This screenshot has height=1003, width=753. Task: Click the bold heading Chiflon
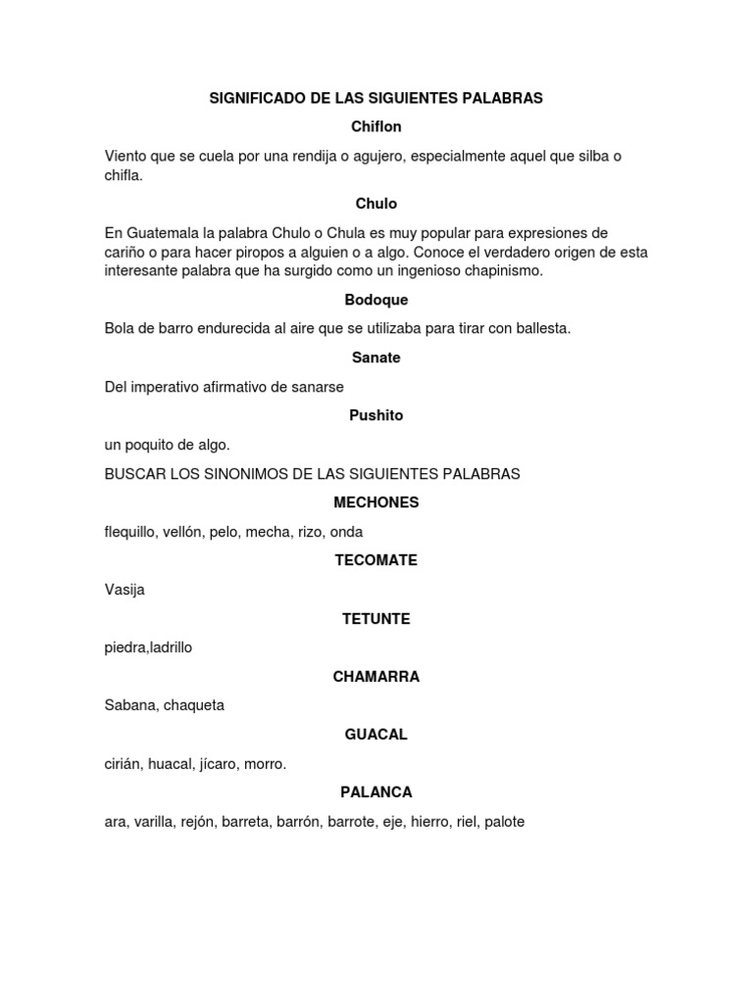coord(376,127)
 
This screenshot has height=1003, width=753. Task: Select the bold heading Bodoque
coord(376,300)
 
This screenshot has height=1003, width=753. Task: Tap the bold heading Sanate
coord(376,358)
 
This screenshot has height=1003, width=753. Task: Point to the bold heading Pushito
coord(376,415)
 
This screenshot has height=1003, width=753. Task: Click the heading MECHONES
coord(376,502)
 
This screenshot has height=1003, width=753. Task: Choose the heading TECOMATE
coord(376,560)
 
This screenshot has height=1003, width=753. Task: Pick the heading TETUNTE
coord(376,619)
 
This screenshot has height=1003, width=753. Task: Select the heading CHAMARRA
coord(376,677)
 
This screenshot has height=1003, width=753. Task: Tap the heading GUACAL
coord(376,735)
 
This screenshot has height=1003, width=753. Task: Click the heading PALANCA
coord(376,792)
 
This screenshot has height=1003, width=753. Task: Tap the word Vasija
coord(125,590)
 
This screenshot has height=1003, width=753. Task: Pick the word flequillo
coord(132,532)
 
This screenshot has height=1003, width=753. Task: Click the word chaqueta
coord(194,705)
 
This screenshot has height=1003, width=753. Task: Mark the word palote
coord(504,822)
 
